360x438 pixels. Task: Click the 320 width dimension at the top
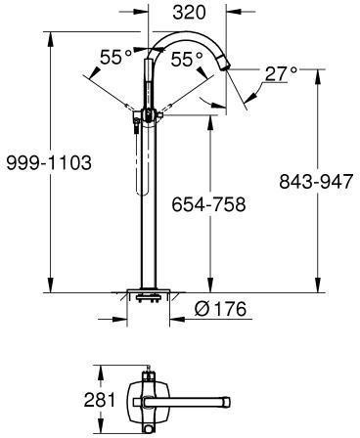[x=190, y=13]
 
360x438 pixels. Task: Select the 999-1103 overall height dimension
[x=49, y=162]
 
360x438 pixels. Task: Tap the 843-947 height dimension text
[x=316, y=181]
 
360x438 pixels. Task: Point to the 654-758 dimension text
[x=208, y=204]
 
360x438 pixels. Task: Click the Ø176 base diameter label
[x=220, y=309]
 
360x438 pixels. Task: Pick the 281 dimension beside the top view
[x=100, y=400]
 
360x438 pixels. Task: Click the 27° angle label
[x=281, y=74]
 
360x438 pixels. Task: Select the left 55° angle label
[x=116, y=57]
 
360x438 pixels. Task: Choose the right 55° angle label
[x=187, y=60]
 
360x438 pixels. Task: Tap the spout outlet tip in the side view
[x=226, y=66]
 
